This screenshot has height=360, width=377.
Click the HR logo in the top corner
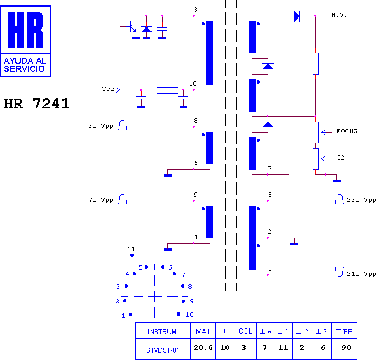pyautogui.click(x=25, y=41)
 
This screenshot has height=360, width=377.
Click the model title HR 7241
pyautogui.click(x=37, y=104)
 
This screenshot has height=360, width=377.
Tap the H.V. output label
pyautogui.click(x=339, y=15)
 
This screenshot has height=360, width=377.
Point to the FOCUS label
pyautogui.click(x=347, y=131)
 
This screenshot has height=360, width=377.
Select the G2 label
pyautogui.click(x=340, y=158)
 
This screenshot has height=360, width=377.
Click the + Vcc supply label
pyautogui.click(x=104, y=89)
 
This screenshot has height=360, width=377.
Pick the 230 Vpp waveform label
pyautogui.click(x=361, y=200)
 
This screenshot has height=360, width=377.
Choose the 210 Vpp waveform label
pyautogui.click(x=361, y=274)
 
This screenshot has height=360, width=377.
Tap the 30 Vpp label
pyautogui.click(x=101, y=126)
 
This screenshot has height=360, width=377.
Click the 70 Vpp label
pyautogui.click(x=101, y=200)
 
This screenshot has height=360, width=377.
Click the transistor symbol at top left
pyautogui.click(x=131, y=27)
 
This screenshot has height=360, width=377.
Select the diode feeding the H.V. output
pyautogui.click(x=297, y=16)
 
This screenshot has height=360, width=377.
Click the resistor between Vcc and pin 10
pyautogui.click(x=167, y=90)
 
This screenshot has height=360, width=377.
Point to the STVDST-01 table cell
pyautogui.click(x=163, y=350)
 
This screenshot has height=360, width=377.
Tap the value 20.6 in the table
pyautogui.click(x=203, y=347)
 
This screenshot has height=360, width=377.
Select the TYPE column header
pyautogui.click(x=344, y=331)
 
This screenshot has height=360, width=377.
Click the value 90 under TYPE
pyautogui.click(x=346, y=347)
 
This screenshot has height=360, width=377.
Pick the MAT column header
pyautogui.click(x=203, y=331)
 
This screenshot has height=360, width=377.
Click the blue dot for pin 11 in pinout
pyautogui.click(x=132, y=255)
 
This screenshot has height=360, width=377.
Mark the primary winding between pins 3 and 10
pyautogui.click(x=210, y=53)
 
